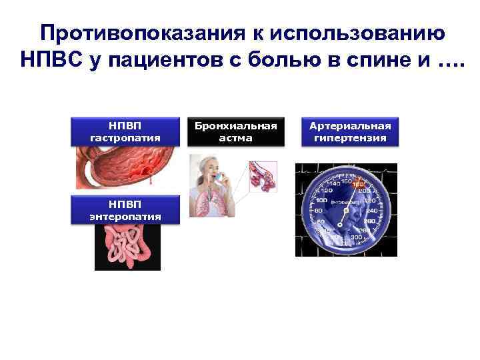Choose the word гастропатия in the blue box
[125, 138]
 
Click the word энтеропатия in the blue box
[125, 217]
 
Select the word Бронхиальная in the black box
[236, 126]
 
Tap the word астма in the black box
[236, 138]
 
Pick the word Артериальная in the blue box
[351, 126]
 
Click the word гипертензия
[351, 139]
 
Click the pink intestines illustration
[127, 247]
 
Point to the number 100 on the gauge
[321, 200]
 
